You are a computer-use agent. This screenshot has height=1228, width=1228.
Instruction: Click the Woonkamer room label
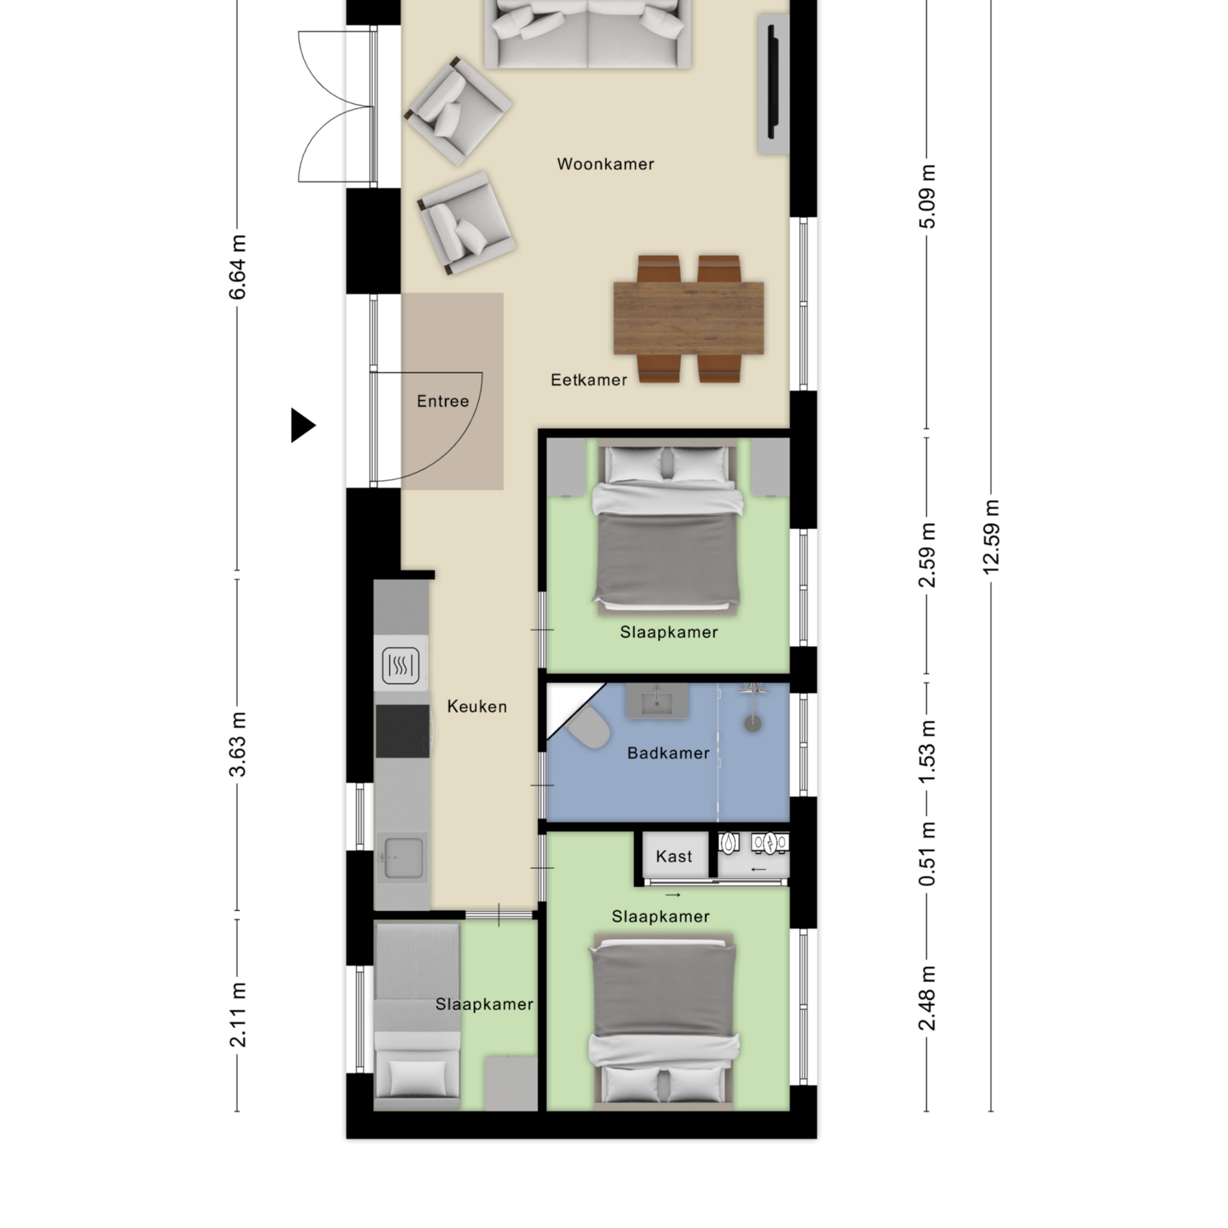(x=605, y=164)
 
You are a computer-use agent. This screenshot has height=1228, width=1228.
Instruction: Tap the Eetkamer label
(x=589, y=380)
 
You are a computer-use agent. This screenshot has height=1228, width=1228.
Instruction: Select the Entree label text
(x=443, y=401)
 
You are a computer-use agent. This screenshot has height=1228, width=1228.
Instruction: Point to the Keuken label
(x=477, y=706)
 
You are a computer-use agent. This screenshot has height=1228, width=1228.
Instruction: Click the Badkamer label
(x=668, y=753)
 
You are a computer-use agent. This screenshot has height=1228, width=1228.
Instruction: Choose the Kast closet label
(x=674, y=857)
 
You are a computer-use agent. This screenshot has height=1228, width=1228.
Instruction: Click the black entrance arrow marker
(x=303, y=425)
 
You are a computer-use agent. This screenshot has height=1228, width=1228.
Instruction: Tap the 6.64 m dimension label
(x=237, y=267)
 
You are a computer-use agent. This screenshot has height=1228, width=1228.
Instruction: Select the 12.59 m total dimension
(x=992, y=537)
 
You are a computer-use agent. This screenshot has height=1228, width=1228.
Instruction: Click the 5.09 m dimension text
(x=928, y=197)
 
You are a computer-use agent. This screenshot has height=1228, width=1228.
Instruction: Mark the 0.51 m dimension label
(x=928, y=854)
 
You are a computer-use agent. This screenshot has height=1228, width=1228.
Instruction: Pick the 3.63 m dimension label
(x=237, y=744)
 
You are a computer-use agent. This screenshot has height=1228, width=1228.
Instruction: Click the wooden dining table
(x=688, y=318)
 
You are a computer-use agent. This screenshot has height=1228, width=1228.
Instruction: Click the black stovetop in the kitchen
(x=402, y=731)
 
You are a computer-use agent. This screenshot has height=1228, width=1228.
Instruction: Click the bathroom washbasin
(x=657, y=701)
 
